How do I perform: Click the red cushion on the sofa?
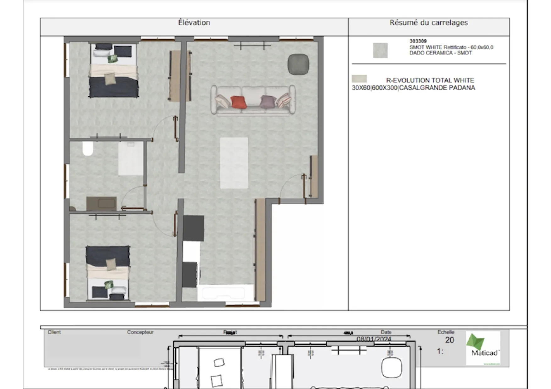point(239,102)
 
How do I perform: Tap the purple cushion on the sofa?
point(267,101)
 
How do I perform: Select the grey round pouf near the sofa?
point(298,64)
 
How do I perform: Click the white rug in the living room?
point(234,163)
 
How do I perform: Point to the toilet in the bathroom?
point(88,149)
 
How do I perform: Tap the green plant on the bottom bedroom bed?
point(109,285)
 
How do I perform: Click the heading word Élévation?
point(194,23)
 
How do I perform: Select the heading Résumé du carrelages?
point(428,23)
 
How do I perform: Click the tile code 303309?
point(418,41)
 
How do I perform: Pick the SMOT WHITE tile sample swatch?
point(380,50)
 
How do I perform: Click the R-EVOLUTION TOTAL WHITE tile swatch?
point(359,79)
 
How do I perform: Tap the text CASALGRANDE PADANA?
point(437,88)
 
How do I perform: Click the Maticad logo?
point(483,348)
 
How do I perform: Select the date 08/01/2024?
point(374,339)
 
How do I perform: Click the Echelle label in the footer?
point(446,332)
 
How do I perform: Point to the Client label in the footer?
point(54,332)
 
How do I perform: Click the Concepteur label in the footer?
point(140,332)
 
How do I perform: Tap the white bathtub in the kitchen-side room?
point(225,293)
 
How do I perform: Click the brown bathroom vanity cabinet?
point(102,204)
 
